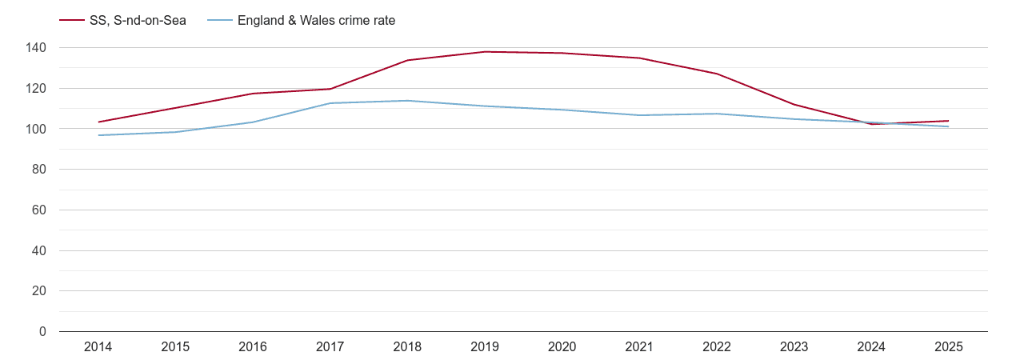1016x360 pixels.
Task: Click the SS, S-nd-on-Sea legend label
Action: tap(138, 21)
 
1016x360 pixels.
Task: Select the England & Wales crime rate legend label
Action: tap(316, 21)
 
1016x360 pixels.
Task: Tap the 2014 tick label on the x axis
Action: tap(98, 346)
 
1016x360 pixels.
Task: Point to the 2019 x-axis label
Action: tap(485, 346)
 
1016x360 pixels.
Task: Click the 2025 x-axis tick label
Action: tap(948, 346)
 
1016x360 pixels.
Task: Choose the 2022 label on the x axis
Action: tap(716, 346)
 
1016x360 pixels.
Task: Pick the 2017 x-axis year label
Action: tap(330, 346)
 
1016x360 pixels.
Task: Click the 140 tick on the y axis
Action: tap(36, 48)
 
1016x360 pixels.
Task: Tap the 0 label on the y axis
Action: tap(42, 332)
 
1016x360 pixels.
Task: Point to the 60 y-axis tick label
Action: tap(38, 210)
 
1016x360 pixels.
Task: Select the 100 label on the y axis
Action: tap(36, 129)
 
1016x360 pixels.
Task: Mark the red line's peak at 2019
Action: tap(485, 52)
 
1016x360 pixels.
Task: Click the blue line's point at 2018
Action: tap(407, 101)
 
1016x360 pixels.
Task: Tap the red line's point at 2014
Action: tap(98, 122)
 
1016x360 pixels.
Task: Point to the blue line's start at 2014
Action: tap(98, 135)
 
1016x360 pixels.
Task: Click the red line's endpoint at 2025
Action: tap(948, 121)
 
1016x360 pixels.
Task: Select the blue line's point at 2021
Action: tap(639, 115)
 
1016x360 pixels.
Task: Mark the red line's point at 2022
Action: tap(716, 74)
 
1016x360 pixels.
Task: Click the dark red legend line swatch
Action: tap(71, 21)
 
